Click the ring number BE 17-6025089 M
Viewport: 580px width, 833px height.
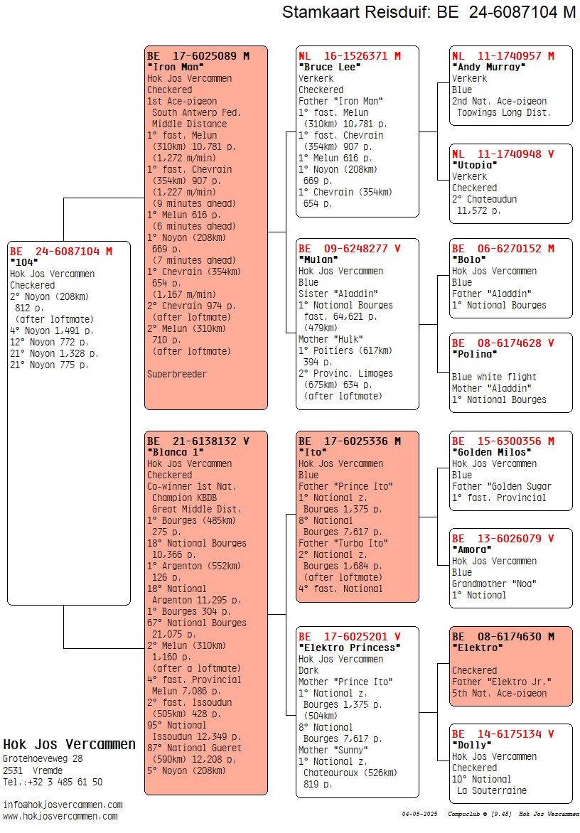click(x=198, y=55)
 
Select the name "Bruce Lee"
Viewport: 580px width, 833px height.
click(x=330, y=67)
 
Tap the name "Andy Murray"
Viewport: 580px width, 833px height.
click(x=488, y=67)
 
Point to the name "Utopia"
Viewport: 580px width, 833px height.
click(x=473, y=165)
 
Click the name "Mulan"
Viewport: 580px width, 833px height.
click(x=318, y=259)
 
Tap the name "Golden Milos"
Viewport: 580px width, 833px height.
click(x=491, y=452)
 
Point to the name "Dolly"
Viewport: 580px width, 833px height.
click(x=471, y=745)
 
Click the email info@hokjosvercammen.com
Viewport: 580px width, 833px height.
click(x=63, y=805)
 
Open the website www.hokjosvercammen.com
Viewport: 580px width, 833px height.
click(x=60, y=816)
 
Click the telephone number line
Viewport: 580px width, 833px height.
click(x=53, y=782)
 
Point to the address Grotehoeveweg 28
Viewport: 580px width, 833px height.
click(x=43, y=758)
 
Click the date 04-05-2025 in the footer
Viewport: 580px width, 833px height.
click(x=417, y=814)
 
